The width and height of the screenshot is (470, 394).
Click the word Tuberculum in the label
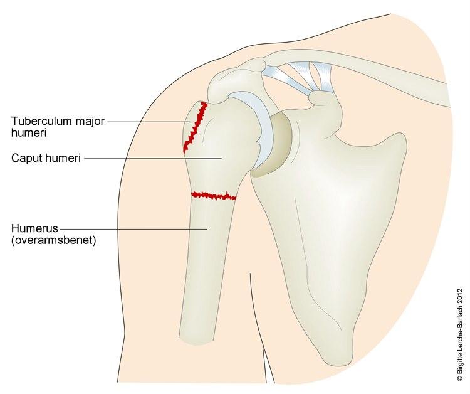click(41, 121)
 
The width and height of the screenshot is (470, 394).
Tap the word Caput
click(26, 158)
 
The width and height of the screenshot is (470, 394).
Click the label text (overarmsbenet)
click(54, 240)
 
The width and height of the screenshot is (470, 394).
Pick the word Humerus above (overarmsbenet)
click(34, 228)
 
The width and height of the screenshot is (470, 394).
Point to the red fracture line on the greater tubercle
click(196, 127)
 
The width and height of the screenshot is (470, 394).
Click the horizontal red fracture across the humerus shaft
click(214, 196)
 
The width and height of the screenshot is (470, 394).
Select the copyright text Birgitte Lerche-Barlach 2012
click(460, 335)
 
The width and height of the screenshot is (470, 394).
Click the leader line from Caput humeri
click(153, 159)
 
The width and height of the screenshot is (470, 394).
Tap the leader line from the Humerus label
click(133, 228)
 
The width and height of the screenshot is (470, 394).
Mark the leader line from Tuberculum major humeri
click(149, 122)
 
